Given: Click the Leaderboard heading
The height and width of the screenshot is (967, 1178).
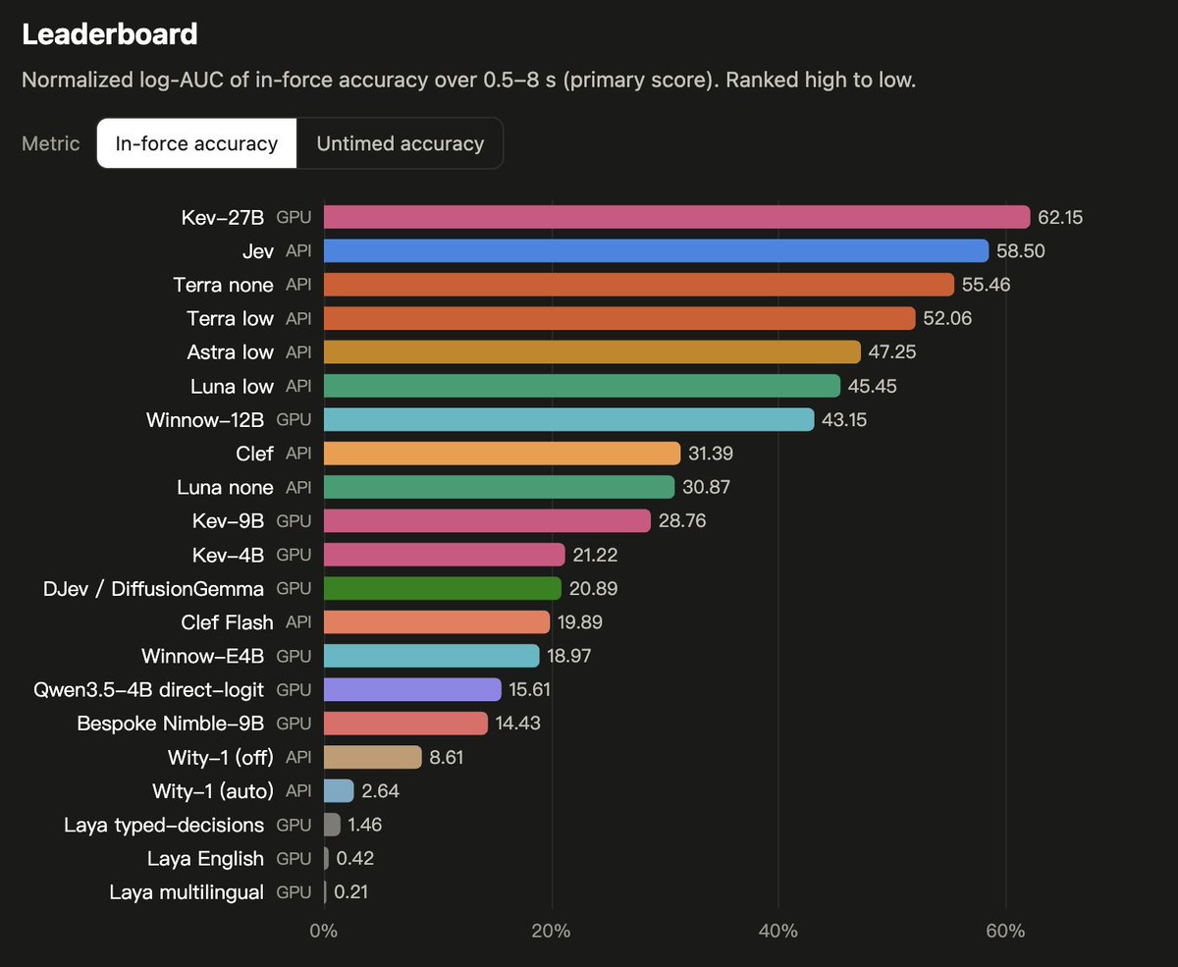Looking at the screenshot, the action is coord(110,34).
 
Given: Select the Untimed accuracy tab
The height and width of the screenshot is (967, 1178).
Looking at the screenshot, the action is coord(400,143).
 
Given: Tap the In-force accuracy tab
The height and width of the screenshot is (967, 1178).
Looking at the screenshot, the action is coord(196,143).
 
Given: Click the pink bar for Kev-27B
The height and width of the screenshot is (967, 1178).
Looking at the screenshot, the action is coord(677,217).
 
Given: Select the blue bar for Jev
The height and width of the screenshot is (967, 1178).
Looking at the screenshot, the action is coord(657,250).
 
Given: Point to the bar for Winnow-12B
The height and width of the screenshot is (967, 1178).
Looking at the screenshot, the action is coord(569,419).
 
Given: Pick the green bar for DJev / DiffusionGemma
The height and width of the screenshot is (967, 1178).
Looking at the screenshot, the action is coord(443,588).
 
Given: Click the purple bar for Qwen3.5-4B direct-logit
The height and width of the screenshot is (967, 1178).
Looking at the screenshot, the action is coord(412,689).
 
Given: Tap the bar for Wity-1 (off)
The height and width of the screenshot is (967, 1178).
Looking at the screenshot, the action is coord(373,757).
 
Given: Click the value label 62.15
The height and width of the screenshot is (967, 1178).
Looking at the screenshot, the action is coord(1060,217).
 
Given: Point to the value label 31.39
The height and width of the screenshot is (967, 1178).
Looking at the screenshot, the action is coord(711,453).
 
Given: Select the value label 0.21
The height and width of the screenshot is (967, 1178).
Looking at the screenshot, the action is coord(350,891).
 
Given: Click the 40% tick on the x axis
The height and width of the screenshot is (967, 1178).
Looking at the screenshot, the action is coord(778,931).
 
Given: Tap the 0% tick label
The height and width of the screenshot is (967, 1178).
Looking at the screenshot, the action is coord(323,931).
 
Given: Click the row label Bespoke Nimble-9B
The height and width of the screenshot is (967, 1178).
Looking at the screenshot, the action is coord(171,724).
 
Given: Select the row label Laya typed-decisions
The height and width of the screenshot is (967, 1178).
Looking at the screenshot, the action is coord(164,825).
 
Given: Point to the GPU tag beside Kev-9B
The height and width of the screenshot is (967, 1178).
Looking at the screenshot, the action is coord(294,521).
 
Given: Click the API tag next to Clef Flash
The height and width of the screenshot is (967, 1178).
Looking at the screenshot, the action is coord(298,622).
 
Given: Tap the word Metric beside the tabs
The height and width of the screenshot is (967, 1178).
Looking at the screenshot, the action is coord(51,143).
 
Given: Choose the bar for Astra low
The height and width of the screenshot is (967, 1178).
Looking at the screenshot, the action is coord(592,351).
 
